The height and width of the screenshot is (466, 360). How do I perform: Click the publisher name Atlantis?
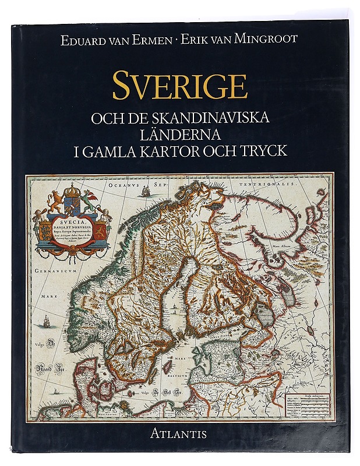click(180, 433)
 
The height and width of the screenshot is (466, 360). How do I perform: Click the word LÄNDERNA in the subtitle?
click(180, 135)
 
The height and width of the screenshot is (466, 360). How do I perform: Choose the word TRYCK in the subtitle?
click(266, 151)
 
